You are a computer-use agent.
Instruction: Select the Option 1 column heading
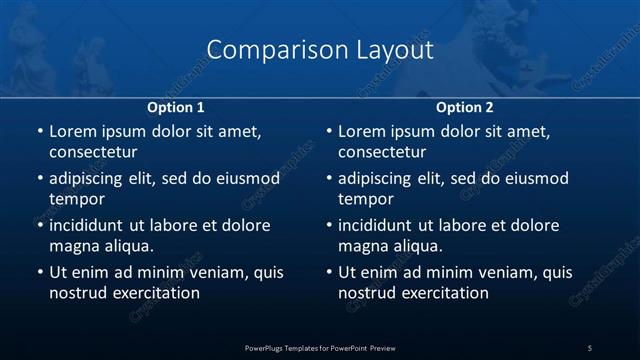coord(176,107)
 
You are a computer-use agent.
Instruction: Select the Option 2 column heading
coord(465,107)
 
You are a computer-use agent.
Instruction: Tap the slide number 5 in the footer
coord(590,347)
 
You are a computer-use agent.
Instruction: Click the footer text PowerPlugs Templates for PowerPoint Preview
coord(320,347)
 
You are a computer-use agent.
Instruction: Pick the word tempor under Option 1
coord(73,198)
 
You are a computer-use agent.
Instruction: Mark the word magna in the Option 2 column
coord(362,245)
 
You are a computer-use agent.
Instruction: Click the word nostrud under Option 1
coord(76,293)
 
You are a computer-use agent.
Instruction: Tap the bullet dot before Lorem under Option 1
coord(38,131)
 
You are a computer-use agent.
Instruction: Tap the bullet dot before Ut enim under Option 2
coord(328,272)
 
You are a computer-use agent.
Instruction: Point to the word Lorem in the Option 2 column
coord(361,131)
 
